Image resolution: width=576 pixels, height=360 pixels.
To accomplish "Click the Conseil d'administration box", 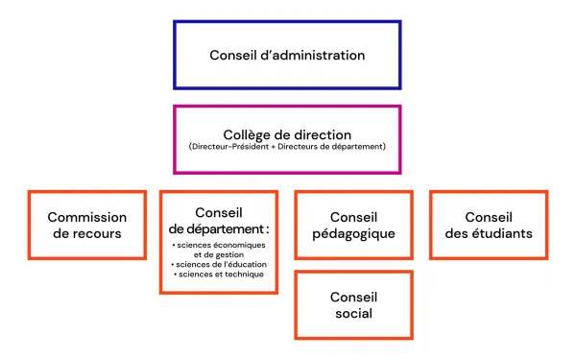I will [287, 55].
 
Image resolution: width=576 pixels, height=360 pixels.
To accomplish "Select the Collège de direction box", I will [287, 139].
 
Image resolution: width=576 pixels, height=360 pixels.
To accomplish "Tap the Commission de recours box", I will [85, 225].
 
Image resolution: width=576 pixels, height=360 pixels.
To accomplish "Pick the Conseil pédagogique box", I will [353, 225].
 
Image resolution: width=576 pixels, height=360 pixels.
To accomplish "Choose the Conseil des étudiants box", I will [488, 225].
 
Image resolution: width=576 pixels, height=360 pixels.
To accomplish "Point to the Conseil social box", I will [353, 304].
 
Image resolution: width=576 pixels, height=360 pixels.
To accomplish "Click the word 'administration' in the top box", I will [317, 55].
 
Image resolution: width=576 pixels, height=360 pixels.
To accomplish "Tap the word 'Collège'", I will [246, 134].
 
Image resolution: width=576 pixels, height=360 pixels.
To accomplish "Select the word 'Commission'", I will [87, 217].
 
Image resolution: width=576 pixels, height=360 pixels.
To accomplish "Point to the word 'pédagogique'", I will [353, 233].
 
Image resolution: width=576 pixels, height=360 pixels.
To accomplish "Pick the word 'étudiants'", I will [505, 233].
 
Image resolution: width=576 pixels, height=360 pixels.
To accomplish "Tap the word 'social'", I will [353, 313].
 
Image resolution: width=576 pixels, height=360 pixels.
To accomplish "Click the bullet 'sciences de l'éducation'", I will [219, 264].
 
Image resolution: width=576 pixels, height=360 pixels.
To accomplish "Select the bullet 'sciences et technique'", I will [219, 275].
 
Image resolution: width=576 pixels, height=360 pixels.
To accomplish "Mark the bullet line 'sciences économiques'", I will [219, 245].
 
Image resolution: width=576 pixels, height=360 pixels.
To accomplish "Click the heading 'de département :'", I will [219, 228].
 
